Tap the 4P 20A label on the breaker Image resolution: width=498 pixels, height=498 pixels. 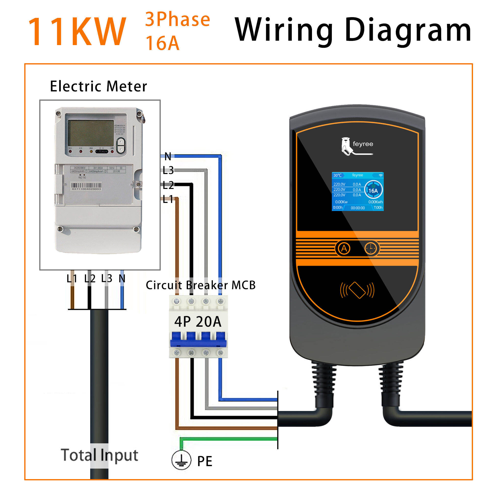click(x=198, y=322)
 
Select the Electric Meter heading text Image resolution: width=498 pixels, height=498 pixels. click(x=98, y=86)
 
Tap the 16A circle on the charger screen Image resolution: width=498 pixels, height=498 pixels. click(x=373, y=190)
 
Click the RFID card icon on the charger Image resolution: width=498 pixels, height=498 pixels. click(x=357, y=290)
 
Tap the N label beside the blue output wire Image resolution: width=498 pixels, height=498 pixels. click(x=168, y=156)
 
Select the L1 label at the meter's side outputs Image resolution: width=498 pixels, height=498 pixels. click(x=168, y=199)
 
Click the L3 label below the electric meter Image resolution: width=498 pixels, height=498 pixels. click(x=106, y=279)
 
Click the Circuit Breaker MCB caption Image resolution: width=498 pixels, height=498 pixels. click(x=200, y=285)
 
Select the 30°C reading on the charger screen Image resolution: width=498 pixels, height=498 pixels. click(x=337, y=175)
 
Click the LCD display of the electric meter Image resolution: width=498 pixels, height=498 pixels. click(x=91, y=133)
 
